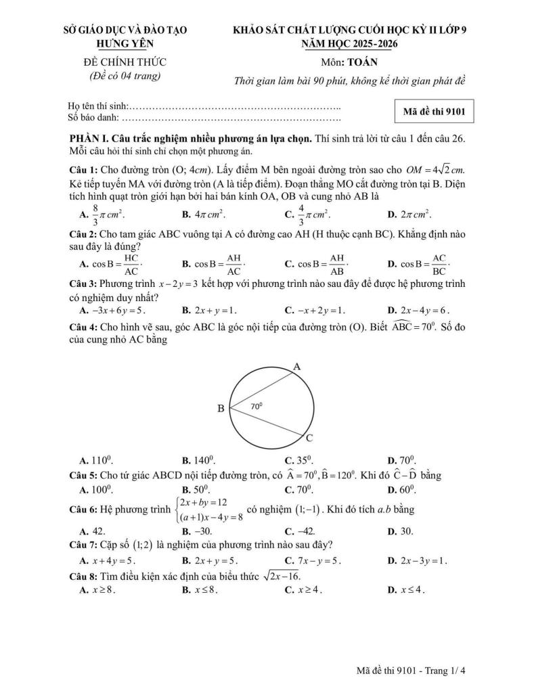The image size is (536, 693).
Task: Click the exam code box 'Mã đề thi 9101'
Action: click(434, 110)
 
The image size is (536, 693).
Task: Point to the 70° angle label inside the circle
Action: click(256, 406)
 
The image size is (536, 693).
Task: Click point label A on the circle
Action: click(296, 367)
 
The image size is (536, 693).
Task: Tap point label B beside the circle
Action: click(220, 409)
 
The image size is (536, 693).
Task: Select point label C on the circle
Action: click(309, 438)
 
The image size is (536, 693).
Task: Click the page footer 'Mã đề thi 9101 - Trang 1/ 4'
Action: click(412, 671)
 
